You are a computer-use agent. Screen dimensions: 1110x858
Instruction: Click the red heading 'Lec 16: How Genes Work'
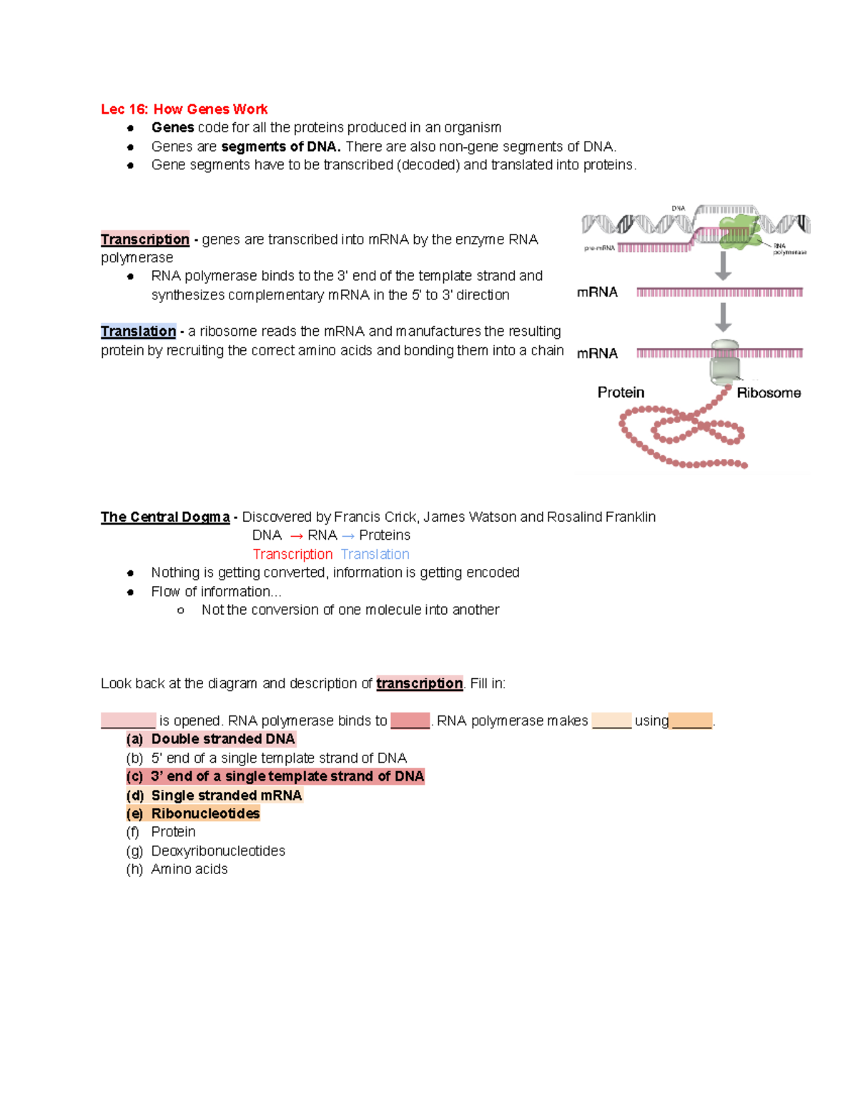click(x=184, y=109)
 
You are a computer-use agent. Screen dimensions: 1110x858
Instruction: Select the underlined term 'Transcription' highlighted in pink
click(x=145, y=239)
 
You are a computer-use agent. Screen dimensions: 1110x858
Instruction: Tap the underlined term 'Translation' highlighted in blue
click(x=138, y=332)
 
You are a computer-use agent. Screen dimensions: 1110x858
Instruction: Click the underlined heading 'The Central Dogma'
click(x=165, y=517)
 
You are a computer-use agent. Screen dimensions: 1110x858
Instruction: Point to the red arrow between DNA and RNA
click(x=296, y=536)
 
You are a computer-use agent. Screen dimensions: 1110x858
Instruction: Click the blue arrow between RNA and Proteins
click(x=348, y=536)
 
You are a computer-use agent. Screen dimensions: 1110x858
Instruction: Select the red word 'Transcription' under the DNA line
click(x=292, y=555)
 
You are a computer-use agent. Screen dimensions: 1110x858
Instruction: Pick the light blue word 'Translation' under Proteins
click(x=375, y=555)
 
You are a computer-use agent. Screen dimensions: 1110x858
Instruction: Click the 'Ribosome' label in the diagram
click(x=769, y=393)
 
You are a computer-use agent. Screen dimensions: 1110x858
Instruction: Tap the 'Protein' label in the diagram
click(x=621, y=392)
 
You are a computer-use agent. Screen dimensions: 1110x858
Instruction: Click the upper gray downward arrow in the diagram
click(x=724, y=266)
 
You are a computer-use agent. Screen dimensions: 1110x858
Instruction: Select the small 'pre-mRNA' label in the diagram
click(x=599, y=249)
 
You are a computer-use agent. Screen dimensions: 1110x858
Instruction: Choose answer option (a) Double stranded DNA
click(x=211, y=739)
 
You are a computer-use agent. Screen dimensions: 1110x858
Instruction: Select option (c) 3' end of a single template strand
click(x=275, y=776)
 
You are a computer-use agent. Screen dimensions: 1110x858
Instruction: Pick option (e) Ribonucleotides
click(x=193, y=813)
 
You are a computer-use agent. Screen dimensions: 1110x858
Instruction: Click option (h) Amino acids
click(x=177, y=869)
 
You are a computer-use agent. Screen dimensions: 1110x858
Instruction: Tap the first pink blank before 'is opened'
click(x=128, y=720)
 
